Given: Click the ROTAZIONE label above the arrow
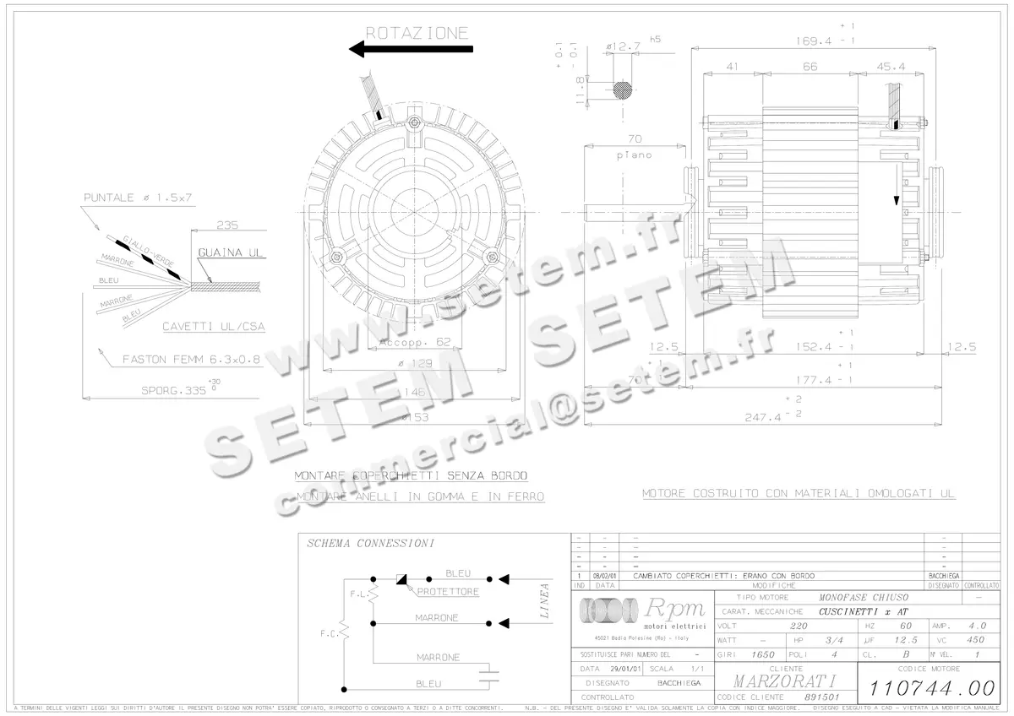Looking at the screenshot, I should (x=416, y=33).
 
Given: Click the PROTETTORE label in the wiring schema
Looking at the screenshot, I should (x=447, y=592).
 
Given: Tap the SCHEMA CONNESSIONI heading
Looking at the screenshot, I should (x=370, y=543).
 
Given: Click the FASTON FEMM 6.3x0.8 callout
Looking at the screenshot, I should (x=191, y=358).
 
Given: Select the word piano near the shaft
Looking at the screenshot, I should (x=633, y=155).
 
